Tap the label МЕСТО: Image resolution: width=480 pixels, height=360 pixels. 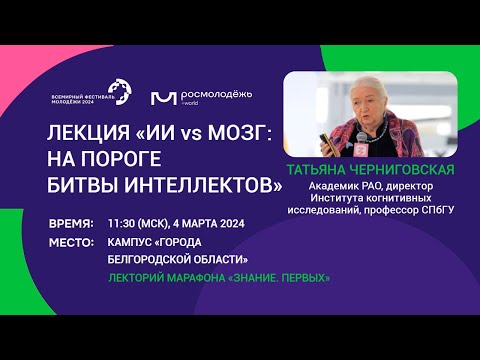point(71,241)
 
